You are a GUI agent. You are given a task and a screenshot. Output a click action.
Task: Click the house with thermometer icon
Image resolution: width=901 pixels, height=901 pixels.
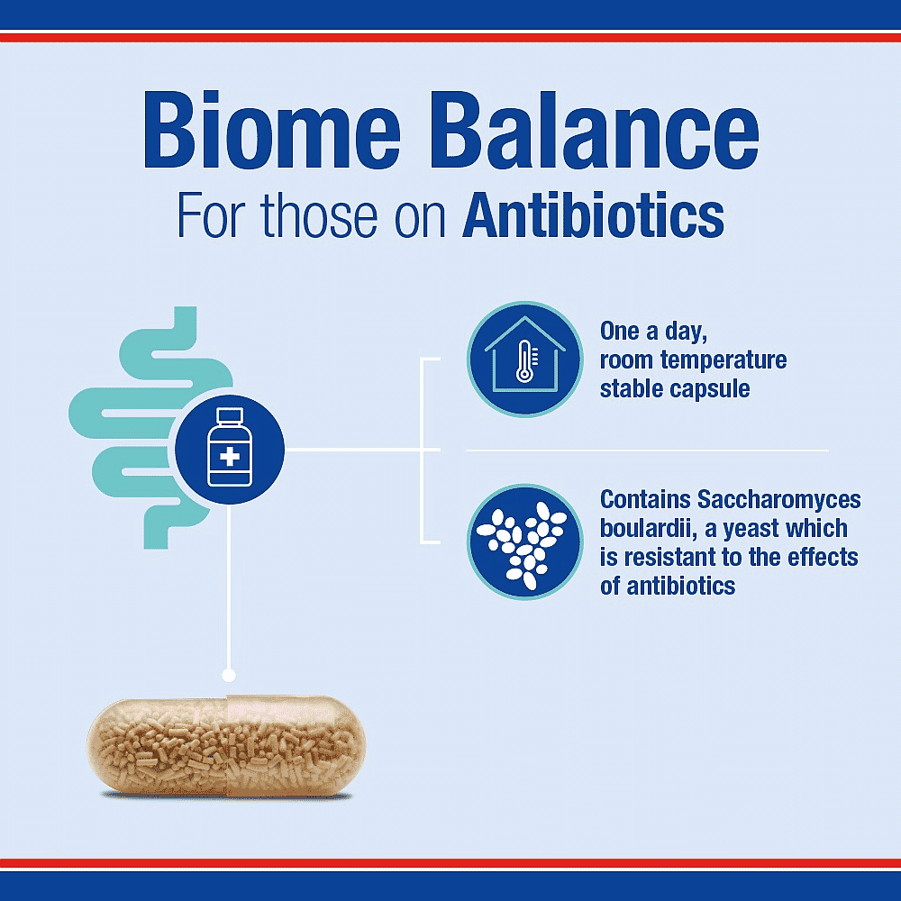[x=524, y=359]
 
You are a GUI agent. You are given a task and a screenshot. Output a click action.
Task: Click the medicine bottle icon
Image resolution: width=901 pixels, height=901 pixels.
[x=229, y=448]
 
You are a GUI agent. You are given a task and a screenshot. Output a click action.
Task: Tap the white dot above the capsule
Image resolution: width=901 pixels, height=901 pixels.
[x=229, y=674]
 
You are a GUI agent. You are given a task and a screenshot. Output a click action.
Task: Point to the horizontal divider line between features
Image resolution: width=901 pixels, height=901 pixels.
[x=647, y=450]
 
